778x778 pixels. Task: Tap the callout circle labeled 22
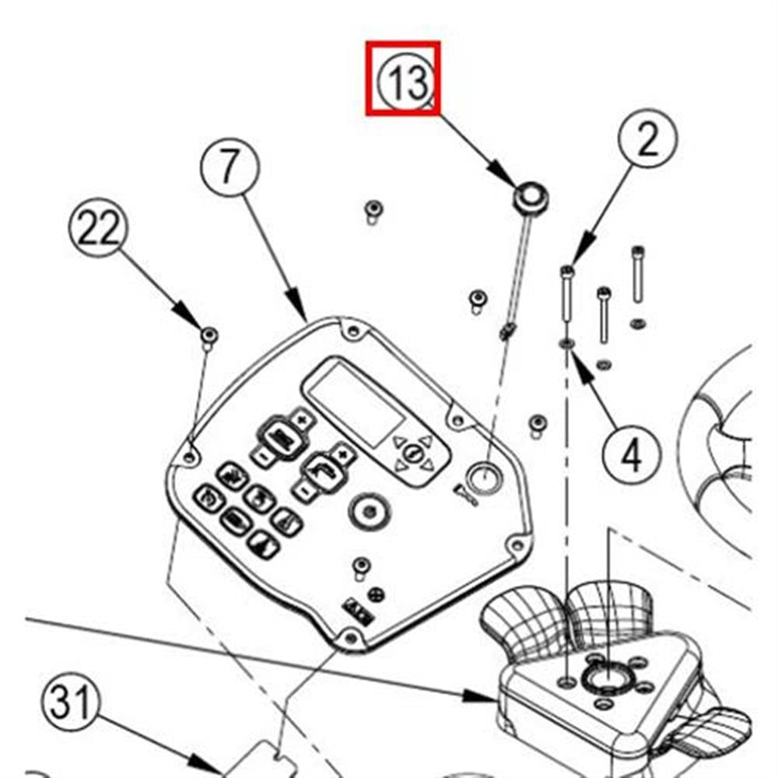click(x=98, y=228)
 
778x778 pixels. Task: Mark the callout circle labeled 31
click(x=72, y=703)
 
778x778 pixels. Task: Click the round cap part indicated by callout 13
click(x=530, y=194)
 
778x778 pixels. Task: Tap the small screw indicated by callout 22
click(x=209, y=335)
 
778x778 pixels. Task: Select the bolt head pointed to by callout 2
click(x=566, y=272)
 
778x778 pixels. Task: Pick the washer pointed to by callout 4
click(x=566, y=342)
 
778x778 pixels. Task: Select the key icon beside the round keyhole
click(x=464, y=493)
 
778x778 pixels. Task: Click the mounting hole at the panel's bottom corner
click(x=350, y=638)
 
